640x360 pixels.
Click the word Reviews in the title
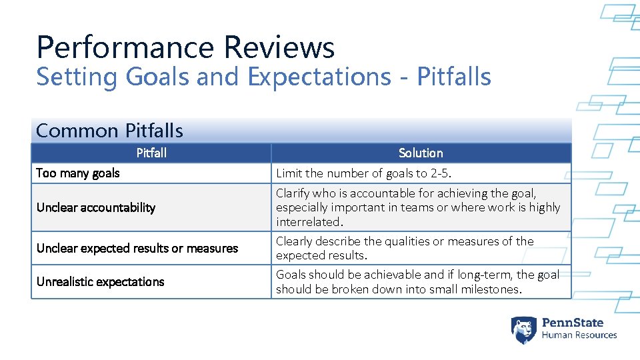point(279,48)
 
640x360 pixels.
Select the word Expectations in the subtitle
point(319,77)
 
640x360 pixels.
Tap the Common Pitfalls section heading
point(109,131)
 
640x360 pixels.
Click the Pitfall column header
point(151,153)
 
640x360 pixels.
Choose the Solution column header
point(421,153)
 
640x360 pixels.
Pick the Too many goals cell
point(78,173)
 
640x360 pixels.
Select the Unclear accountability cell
point(96,207)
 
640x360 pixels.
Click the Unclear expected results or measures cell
point(137,248)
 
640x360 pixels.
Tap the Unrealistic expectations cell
point(101,282)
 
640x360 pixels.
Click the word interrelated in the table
point(308,222)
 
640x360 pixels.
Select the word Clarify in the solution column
point(293,193)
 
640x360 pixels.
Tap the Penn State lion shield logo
point(523,330)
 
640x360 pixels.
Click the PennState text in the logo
point(573,323)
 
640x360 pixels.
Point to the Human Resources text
point(579,335)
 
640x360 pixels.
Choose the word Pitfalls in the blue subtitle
point(454,77)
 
